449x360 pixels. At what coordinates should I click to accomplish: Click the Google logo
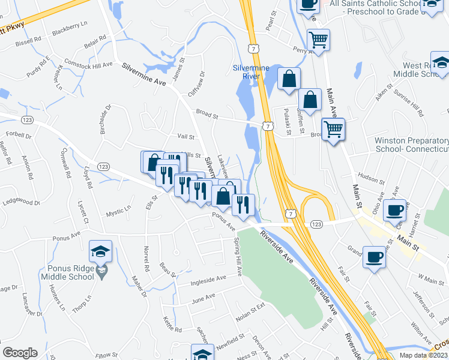[20, 353]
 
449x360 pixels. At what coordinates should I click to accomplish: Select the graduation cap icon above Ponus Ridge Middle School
[101, 251]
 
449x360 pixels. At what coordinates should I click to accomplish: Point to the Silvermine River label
[251, 72]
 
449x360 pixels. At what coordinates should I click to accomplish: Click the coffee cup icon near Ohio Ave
[395, 210]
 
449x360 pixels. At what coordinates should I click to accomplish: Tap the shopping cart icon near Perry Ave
[318, 40]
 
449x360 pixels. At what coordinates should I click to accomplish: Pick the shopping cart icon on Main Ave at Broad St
[333, 128]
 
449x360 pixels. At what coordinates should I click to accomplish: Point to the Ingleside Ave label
[208, 278]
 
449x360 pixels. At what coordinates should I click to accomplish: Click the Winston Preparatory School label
[412, 145]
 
